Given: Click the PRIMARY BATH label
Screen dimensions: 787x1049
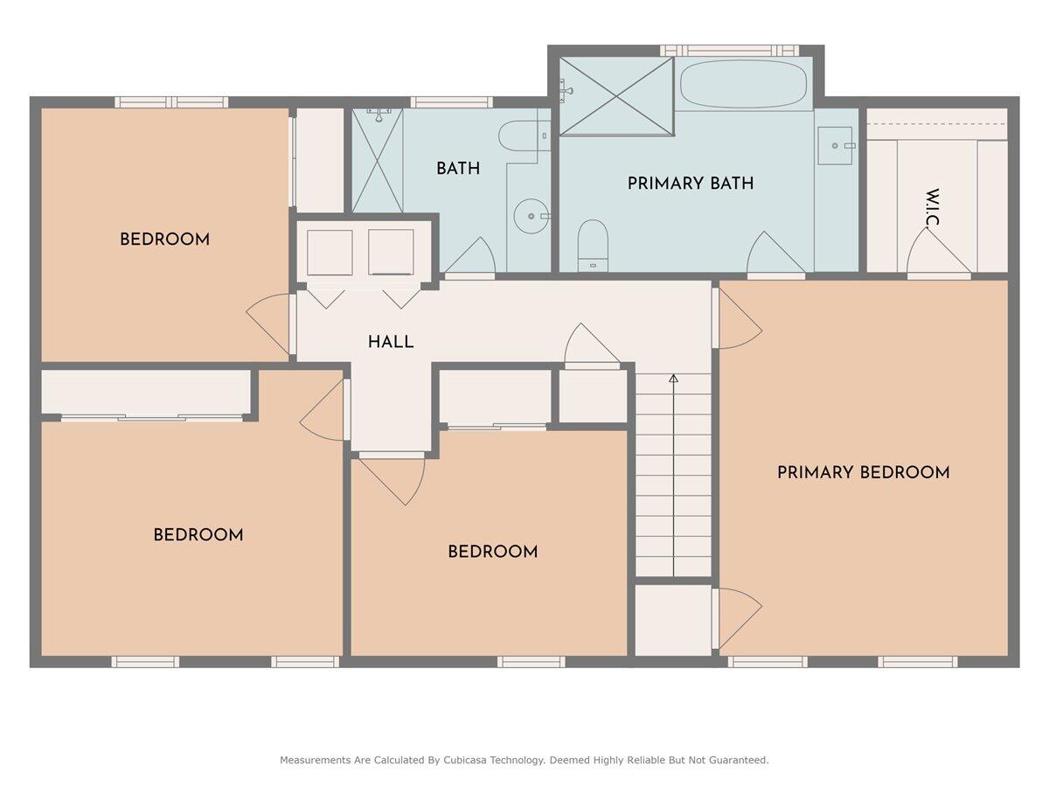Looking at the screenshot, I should [690, 184].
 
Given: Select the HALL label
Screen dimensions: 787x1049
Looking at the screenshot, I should [391, 343].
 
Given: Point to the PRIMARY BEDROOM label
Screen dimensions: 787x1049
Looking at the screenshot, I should [863, 473].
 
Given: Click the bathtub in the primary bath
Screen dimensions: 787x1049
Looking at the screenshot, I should [743, 84].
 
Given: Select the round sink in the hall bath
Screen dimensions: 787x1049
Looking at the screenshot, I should [529, 216].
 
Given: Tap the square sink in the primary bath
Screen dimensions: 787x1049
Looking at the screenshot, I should [837, 145].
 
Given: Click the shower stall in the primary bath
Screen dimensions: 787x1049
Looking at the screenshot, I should [616, 96].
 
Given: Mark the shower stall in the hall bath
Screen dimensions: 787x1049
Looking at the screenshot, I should [377, 159].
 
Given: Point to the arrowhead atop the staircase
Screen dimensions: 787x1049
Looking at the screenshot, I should [673, 379].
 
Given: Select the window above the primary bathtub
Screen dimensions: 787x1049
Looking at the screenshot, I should [729, 51].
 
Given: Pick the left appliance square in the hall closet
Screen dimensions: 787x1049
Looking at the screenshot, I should [330, 253].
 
